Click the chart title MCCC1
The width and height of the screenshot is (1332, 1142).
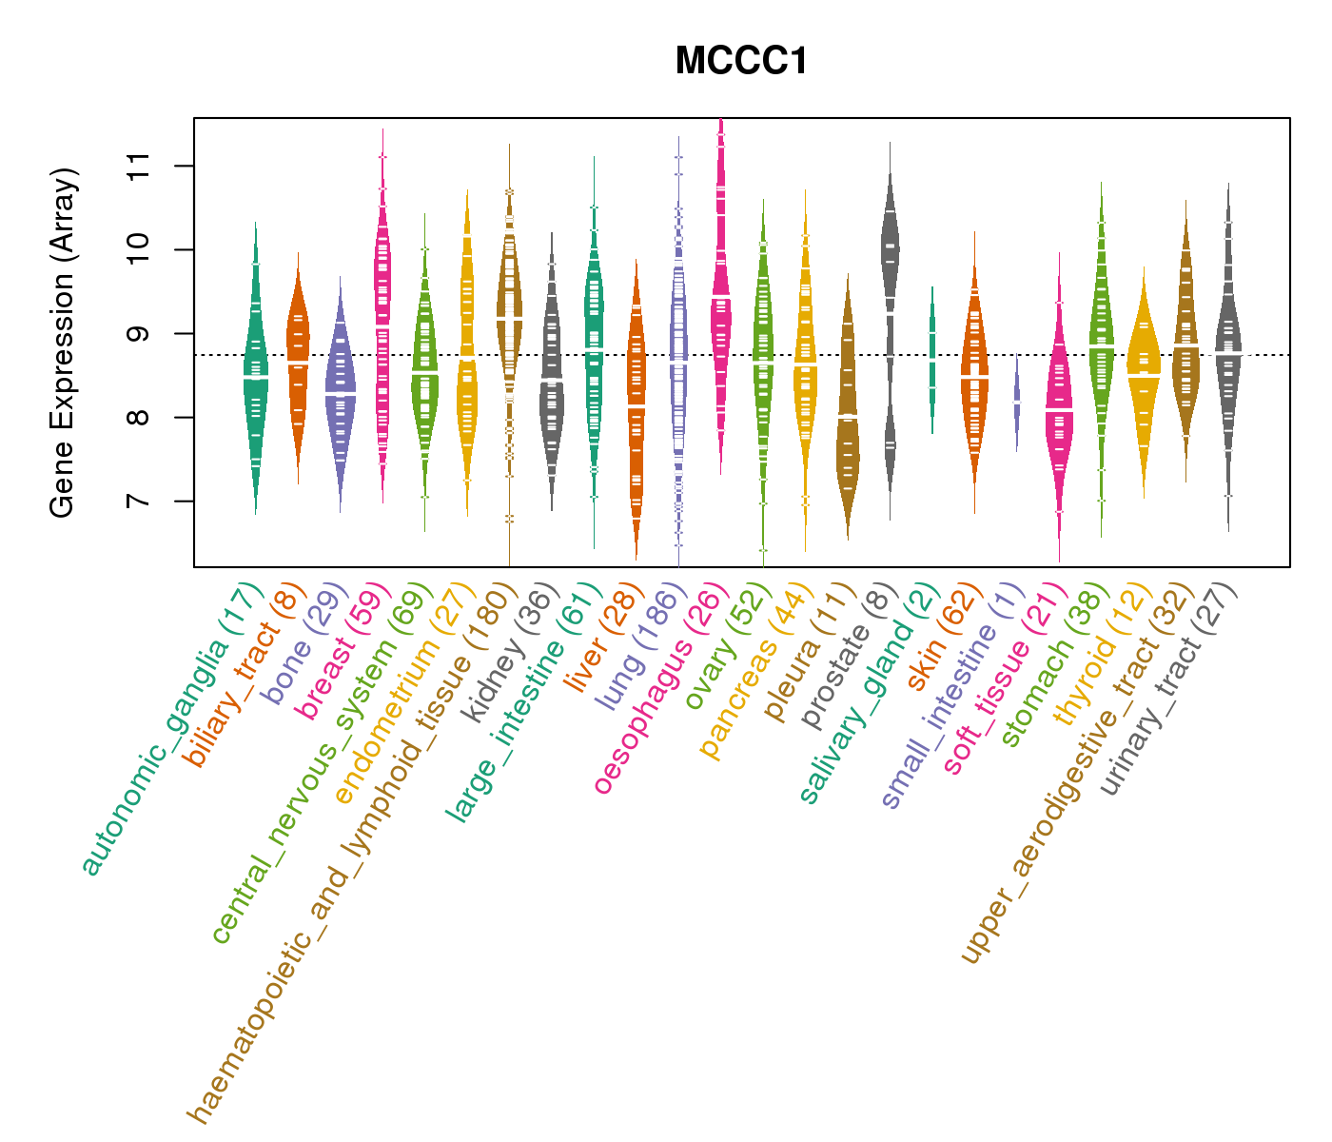741,62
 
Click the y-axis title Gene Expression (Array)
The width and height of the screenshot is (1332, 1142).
63,344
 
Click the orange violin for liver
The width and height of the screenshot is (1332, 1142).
636,409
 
